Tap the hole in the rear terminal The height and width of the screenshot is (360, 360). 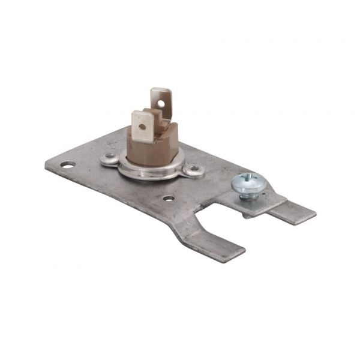point(161,103)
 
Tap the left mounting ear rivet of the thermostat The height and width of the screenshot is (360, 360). point(109,158)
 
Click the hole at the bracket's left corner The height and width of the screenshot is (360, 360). point(68,164)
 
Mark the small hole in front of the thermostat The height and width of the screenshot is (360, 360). point(169,198)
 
